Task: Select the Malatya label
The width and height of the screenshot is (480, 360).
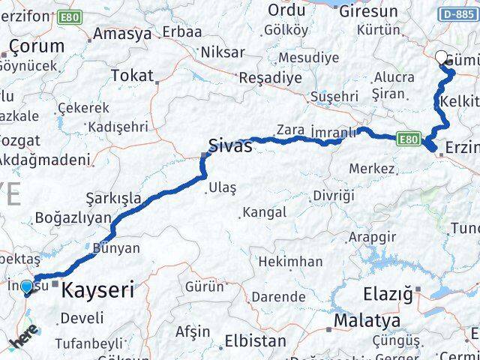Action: (367, 321)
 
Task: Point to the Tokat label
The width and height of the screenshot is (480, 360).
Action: (131, 75)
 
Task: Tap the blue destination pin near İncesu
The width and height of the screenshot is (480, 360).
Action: (27, 286)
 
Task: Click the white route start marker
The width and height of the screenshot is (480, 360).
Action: (441, 56)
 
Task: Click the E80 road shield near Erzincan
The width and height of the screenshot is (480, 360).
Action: (408, 138)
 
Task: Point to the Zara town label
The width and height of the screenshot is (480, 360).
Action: (290, 130)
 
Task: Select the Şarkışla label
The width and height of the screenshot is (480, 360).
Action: (113, 198)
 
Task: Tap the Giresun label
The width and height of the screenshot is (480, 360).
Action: (368, 11)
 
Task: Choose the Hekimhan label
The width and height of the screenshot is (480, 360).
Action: (291, 262)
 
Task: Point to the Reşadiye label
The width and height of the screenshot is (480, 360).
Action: (270, 77)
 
